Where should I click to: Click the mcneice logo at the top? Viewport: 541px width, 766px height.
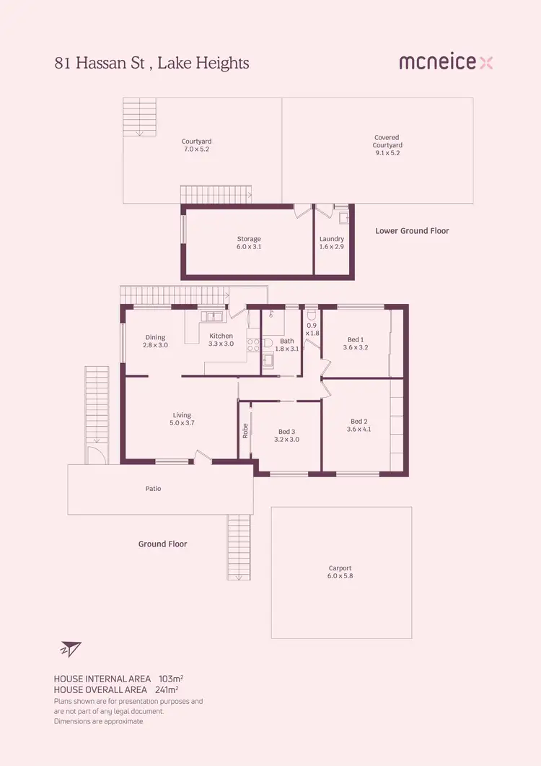[x=446, y=63]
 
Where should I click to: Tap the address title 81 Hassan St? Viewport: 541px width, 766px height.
[x=151, y=64]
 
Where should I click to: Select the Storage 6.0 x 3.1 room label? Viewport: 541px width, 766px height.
[x=249, y=243]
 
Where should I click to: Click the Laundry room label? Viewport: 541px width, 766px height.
[x=332, y=243]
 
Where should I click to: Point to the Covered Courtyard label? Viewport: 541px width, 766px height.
[x=387, y=145]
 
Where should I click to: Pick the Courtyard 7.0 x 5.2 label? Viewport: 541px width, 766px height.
[x=196, y=145]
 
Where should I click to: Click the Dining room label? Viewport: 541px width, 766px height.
[x=156, y=341]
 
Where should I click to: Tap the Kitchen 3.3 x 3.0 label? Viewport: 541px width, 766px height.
[x=221, y=340]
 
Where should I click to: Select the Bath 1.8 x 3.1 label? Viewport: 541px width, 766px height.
[x=287, y=344]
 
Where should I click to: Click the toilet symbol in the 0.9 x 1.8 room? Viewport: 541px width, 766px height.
[x=312, y=315]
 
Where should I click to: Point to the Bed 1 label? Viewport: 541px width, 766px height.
[x=356, y=344]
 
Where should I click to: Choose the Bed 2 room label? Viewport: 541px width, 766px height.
[x=359, y=425]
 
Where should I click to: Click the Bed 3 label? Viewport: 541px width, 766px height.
[x=287, y=435]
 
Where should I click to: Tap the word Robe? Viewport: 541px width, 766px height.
[x=245, y=431]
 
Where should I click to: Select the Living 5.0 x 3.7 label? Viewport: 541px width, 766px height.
[x=182, y=419]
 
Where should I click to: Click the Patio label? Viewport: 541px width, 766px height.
[x=153, y=489]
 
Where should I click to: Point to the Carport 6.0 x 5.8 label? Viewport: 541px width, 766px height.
[x=340, y=572]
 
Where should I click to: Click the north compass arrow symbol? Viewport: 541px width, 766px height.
[x=71, y=648]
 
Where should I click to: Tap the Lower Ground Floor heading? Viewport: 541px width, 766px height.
[x=412, y=231]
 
